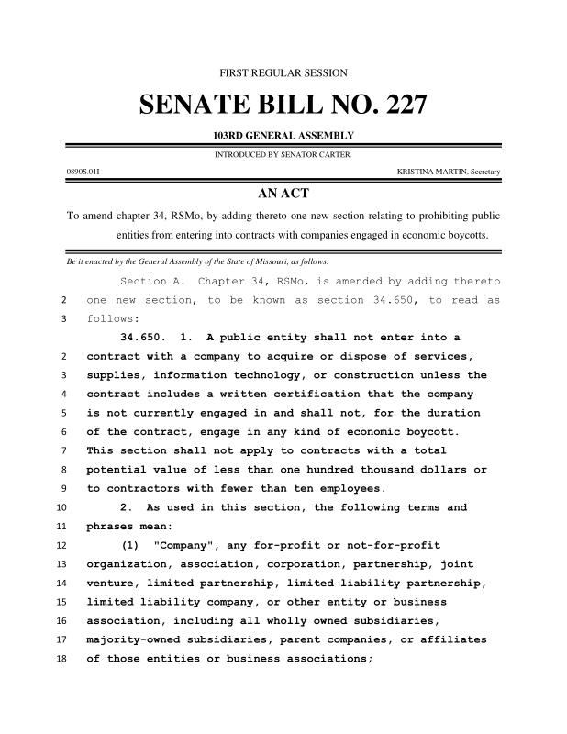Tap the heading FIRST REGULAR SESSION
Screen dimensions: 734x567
tap(283, 72)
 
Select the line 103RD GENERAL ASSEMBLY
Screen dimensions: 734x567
tap(283, 136)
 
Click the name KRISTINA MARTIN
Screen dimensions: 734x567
tap(432, 172)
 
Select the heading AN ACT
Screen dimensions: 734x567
tap(283, 194)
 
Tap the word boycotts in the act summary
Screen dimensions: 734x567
tap(464, 235)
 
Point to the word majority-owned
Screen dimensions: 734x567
tap(134, 639)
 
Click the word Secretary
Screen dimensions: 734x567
tap(486, 172)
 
